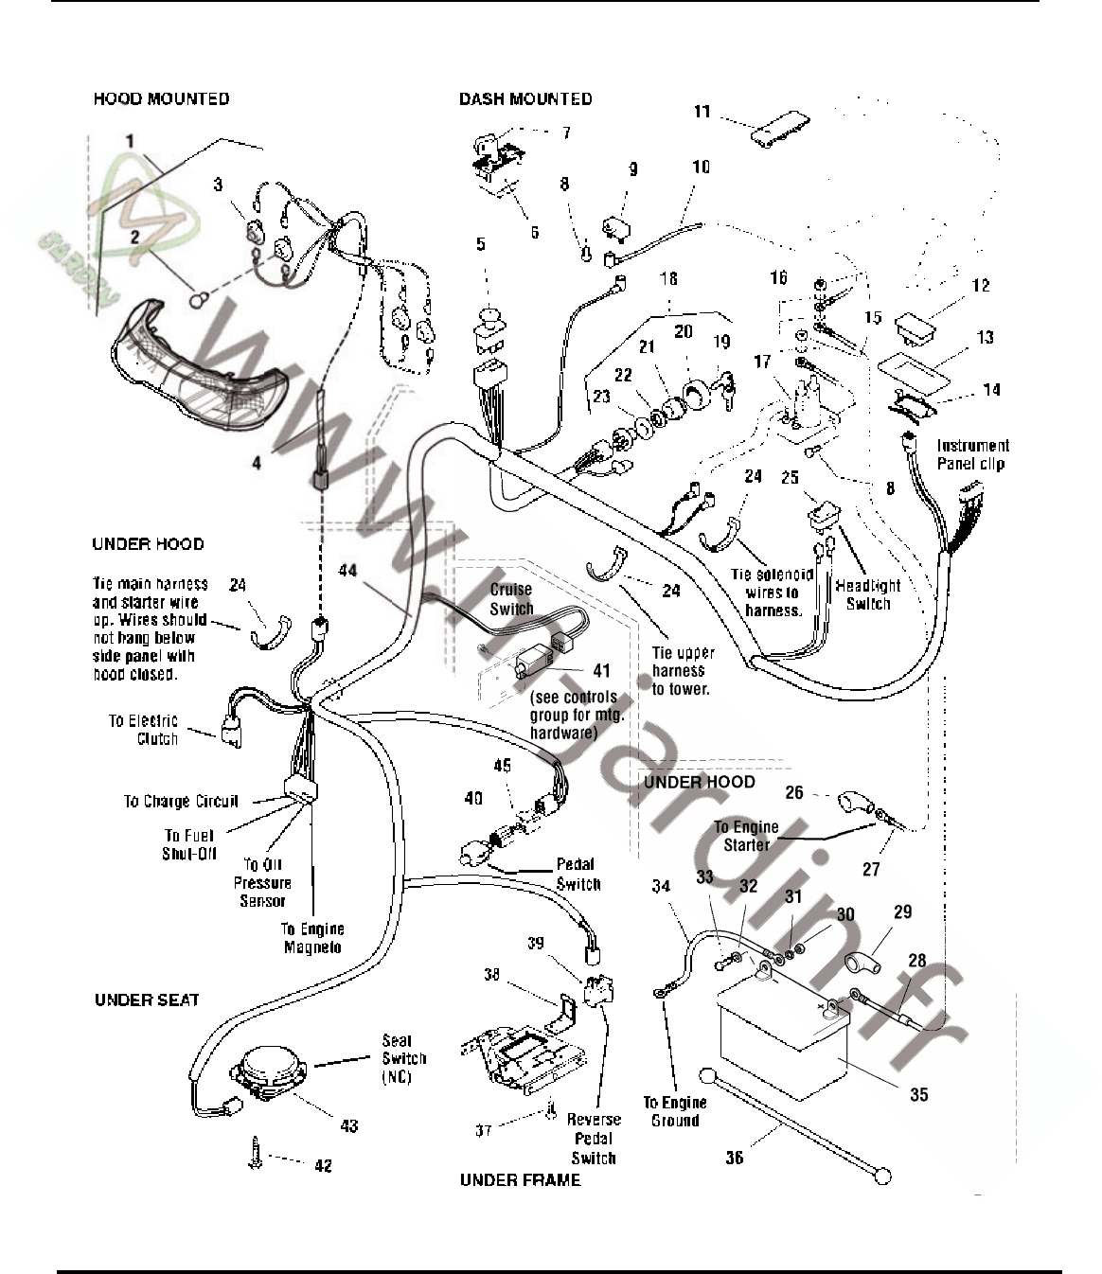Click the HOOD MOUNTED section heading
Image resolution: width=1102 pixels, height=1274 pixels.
coord(161,98)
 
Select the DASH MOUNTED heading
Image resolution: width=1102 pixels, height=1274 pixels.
coord(525,98)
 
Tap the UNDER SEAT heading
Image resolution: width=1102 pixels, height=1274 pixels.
coord(147,1000)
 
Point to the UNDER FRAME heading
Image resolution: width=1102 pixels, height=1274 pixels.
coord(520,1180)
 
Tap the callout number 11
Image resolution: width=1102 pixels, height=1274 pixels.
coord(702,112)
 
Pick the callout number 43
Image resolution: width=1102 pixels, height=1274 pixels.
coord(349,1124)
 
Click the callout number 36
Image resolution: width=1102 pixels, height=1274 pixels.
coord(735,1157)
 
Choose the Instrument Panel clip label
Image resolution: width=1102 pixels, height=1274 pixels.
coord(973,454)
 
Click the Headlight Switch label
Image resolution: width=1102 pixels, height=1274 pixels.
coord(868,594)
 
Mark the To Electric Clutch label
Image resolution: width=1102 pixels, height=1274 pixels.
coord(144,730)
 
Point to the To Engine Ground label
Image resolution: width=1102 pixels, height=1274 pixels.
coord(674,1111)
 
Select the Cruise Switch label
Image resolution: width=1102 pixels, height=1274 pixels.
coord(511,599)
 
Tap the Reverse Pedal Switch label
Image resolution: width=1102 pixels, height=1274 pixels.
coord(594,1139)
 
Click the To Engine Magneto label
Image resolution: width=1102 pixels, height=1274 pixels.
coord(312,938)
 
